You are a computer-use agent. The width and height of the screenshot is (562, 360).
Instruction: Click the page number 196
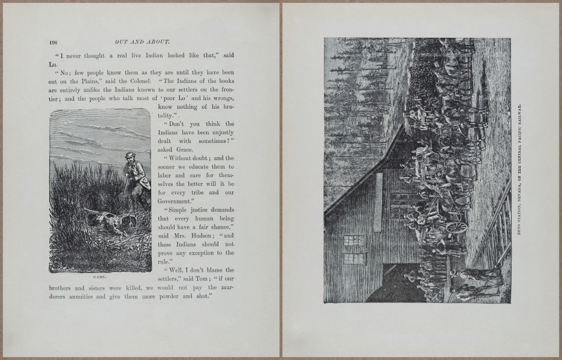click(x=53, y=42)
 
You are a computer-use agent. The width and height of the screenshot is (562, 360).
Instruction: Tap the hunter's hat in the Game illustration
click(x=130, y=155)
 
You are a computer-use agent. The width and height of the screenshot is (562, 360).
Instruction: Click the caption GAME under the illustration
click(x=100, y=277)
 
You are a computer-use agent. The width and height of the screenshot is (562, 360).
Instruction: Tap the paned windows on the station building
click(x=354, y=249)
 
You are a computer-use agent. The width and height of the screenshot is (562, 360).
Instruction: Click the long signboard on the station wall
click(x=378, y=203)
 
